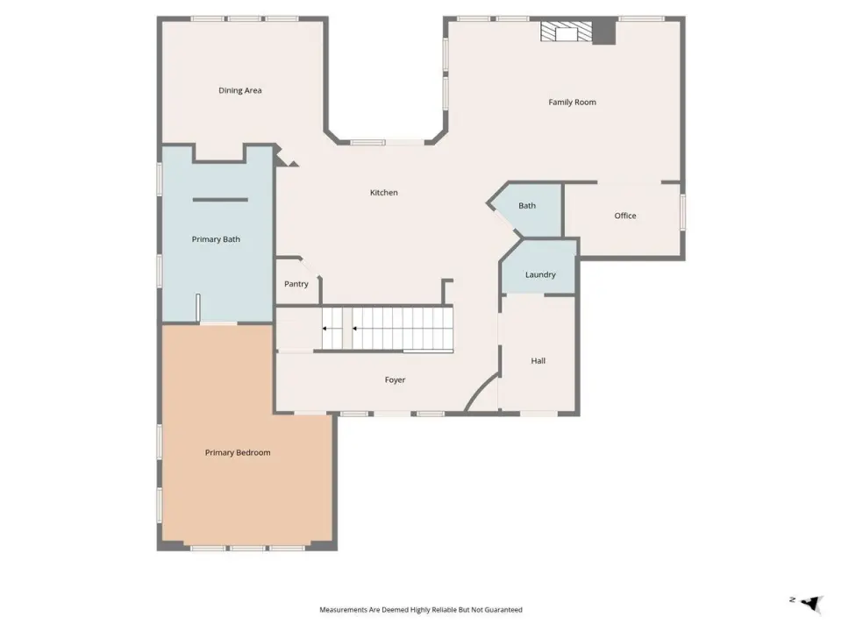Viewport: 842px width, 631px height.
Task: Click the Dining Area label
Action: click(x=240, y=90)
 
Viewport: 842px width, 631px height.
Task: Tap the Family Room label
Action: click(x=572, y=102)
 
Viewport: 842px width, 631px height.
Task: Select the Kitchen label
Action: click(x=384, y=192)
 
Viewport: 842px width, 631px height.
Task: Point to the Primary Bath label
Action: click(x=216, y=239)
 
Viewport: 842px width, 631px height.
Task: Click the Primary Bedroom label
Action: click(x=238, y=452)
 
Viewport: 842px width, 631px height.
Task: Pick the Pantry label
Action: click(x=296, y=284)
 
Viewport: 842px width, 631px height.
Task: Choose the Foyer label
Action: click(x=395, y=379)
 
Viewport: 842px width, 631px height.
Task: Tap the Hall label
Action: click(x=538, y=360)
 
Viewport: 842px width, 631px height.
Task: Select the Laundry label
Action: click(x=540, y=274)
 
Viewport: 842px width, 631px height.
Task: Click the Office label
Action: click(x=625, y=216)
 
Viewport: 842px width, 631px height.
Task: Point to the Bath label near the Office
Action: click(x=527, y=205)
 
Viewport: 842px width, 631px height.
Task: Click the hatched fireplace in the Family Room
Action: click(x=566, y=32)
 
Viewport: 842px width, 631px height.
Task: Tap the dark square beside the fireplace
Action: click(x=604, y=32)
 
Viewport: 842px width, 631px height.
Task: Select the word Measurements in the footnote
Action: click(x=344, y=610)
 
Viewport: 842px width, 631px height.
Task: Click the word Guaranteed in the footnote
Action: click(x=503, y=610)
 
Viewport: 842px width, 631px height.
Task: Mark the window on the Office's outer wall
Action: click(x=682, y=212)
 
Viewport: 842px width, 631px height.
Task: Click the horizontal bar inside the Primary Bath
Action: click(x=220, y=200)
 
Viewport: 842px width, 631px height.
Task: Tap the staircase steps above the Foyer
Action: click(x=387, y=328)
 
